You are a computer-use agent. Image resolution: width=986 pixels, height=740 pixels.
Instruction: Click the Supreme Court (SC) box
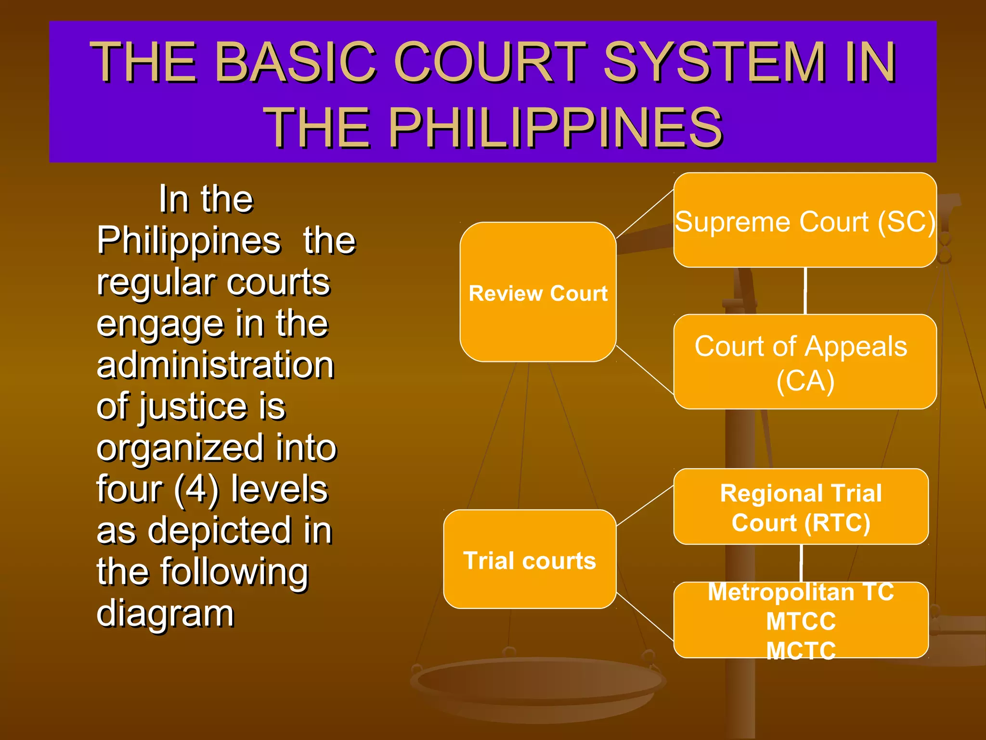click(x=804, y=220)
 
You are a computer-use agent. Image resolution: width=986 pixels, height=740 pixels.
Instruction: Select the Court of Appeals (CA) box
click(x=804, y=362)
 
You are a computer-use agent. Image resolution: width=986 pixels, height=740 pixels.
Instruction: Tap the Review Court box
click(x=538, y=292)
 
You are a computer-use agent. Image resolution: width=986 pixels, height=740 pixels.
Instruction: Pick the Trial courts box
click(x=530, y=559)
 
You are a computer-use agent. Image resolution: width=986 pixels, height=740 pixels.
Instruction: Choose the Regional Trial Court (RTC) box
click(x=801, y=507)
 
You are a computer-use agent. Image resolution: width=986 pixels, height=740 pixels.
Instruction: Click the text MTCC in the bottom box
click(x=801, y=621)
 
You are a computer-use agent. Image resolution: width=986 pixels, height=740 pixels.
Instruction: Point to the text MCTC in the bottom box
click(x=801, y=650)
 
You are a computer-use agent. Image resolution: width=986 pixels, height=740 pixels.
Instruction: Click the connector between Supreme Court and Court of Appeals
click(x=805, y=291)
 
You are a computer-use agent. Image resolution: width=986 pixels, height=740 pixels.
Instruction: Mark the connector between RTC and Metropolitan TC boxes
click(x=801, y=563)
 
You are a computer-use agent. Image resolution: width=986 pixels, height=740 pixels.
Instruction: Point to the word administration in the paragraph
click(x=215, y=365)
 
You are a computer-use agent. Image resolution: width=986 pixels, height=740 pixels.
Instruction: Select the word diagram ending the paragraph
click(x=165, y=613)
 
